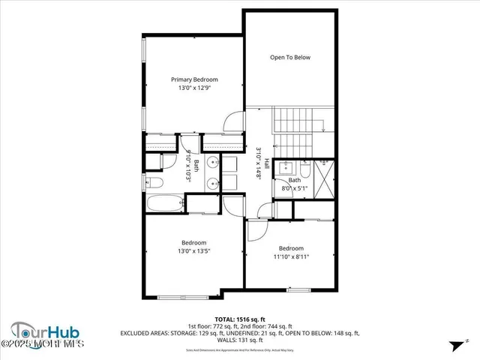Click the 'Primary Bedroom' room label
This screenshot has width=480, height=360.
click(x=194, y=79)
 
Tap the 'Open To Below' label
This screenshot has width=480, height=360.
click(x=290, y=58)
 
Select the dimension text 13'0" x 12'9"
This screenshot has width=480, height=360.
click(x=194, y=88)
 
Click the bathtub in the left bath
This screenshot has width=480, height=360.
click(x=164, y=203)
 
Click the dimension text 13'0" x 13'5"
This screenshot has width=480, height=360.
click(x=193, y=251)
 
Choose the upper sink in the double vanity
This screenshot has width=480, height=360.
click(x=211, y=162)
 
